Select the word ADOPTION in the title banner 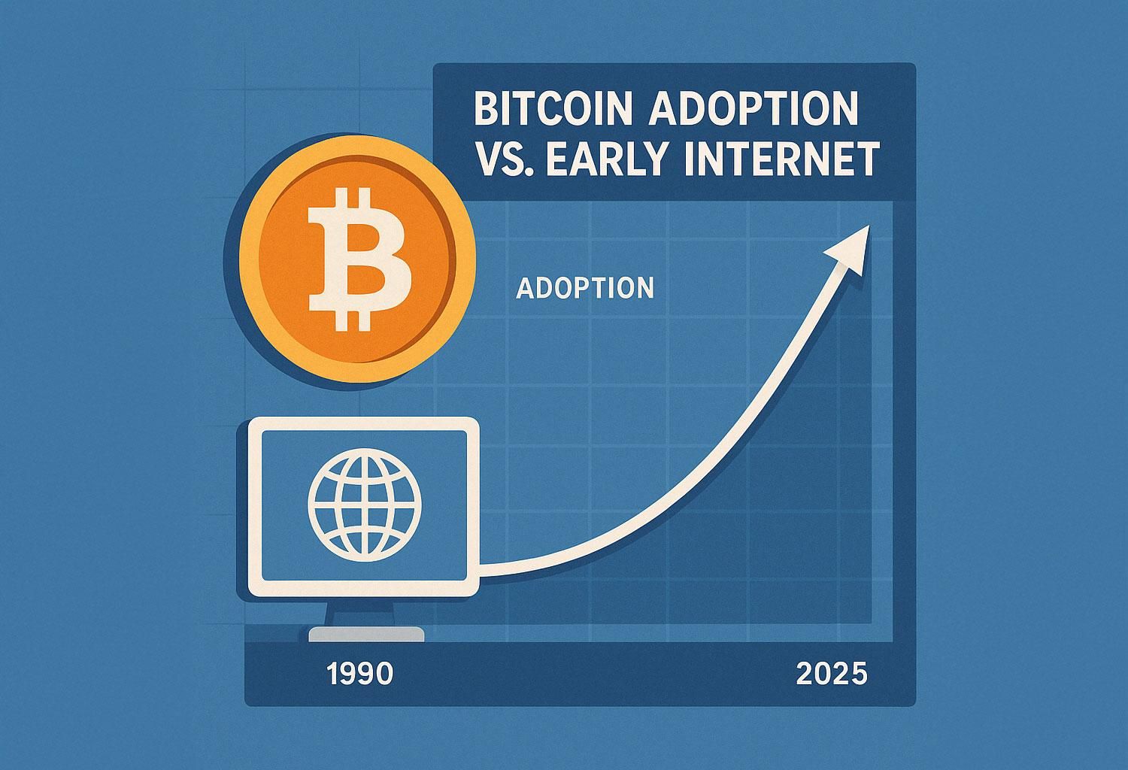point(753,109)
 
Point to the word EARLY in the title point(608,159)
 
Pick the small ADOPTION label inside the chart point(585,288)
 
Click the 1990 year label point(360,674)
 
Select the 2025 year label point(832,674)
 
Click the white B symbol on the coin point(359,259)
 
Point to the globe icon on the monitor point(364,508)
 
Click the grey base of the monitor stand point(366,635)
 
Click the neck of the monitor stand point(360,612)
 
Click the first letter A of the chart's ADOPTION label point(524,288)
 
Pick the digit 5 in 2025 point(859,674)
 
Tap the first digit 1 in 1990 point(333,674)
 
